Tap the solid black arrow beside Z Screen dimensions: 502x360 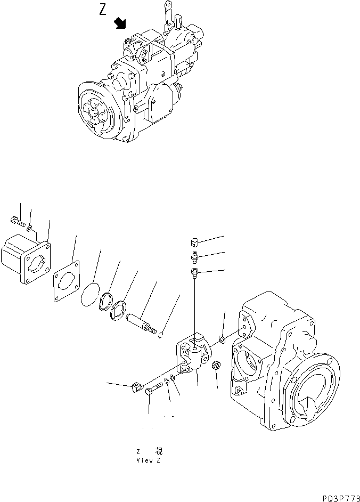pos(121,22)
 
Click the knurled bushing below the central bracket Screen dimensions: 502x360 pos(217,367)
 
